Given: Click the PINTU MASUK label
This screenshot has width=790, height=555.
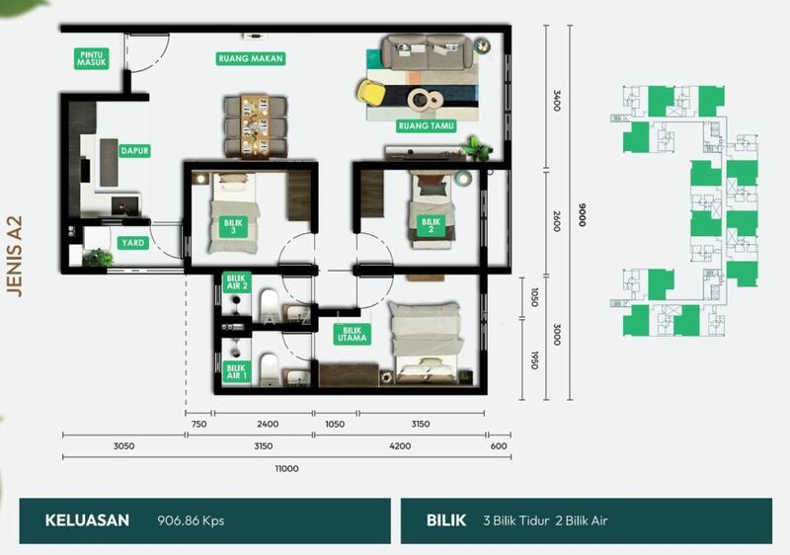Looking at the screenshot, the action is (x=91, y=58).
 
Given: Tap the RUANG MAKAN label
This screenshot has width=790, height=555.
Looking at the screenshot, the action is (x=251, y=58).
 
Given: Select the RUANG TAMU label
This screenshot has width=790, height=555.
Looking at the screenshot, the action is (x=427, y=125).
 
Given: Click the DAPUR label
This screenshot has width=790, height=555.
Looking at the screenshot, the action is (x=134, y=150).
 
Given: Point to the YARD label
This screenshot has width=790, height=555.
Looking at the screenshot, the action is (x=133, y=243).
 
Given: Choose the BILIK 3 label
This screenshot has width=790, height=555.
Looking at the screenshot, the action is (x=233, y=227).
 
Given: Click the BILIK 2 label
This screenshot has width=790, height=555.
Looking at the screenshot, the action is (x=431, y=226).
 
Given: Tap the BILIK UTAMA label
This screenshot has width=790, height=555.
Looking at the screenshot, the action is (x=353, y=335).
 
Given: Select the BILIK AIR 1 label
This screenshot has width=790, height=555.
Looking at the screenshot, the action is (x=236, y=372).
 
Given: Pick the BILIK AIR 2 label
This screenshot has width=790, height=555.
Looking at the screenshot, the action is (x=237, y=282).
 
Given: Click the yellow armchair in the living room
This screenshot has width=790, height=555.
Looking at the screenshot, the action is (x=372, y=93).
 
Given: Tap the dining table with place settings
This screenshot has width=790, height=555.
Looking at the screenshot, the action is (x=256, y=125).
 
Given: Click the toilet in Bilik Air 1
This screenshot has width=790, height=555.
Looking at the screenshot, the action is (x=269, y=369).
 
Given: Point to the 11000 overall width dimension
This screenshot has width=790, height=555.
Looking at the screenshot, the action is (x=286, y=468).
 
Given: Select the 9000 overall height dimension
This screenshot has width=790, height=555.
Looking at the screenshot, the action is (x=583, y=215).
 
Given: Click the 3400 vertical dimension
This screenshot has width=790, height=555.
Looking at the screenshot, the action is (x=557, y=101).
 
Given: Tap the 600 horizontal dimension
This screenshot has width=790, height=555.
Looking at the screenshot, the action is (x=499, y=445).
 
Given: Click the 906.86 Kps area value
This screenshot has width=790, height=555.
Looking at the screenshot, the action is (x=191, y=520).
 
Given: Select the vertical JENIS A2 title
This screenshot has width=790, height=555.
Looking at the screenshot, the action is (x=15, y=257).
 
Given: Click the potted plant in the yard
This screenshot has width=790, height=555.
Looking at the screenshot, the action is (x=99, y=257).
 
